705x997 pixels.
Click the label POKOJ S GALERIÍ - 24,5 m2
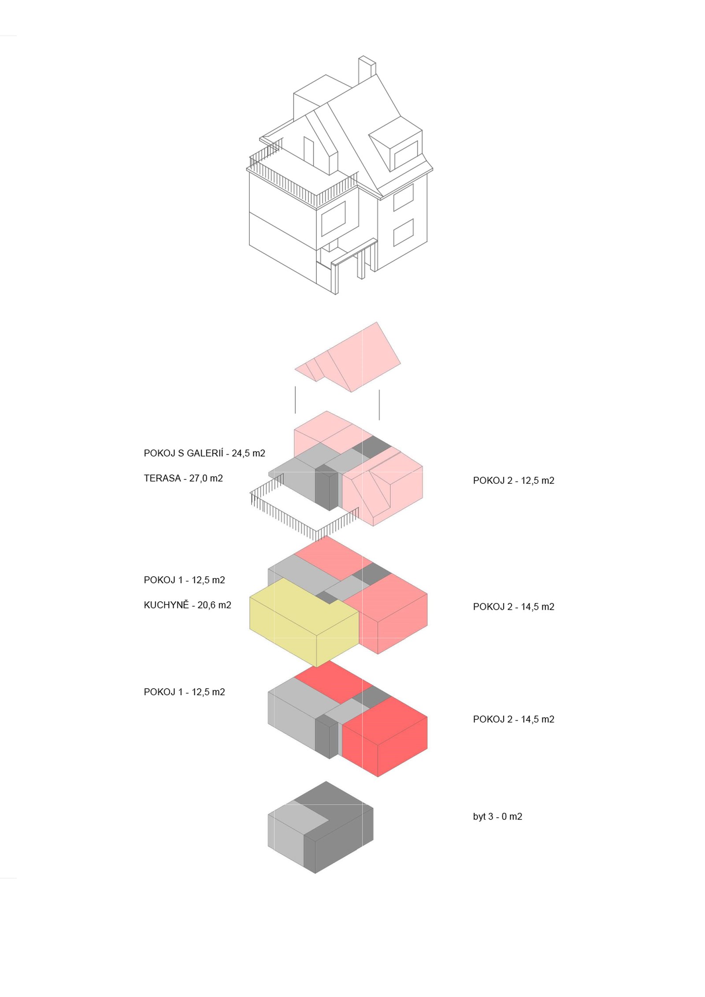[x=204, y=453]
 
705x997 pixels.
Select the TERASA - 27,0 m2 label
[x=183, y=478]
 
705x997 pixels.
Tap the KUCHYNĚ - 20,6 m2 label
[x=187, y=605]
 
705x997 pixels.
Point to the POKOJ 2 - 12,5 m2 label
[x=513, y=481]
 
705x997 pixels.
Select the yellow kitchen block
[x=304, y=622]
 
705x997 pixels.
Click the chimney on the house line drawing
[x=367, y=69]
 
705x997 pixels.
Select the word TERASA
[x=162, y=478]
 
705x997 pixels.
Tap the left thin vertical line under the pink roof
[x=295, y=400]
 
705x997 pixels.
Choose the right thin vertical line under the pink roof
[x=379, y=404]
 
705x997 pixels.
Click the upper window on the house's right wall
[x=403, y=197]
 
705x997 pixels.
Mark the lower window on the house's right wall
[x=403, y=232]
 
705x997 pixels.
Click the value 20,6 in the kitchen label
[x=206, y=605]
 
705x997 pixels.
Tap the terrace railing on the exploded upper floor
[x=304, y=509]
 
